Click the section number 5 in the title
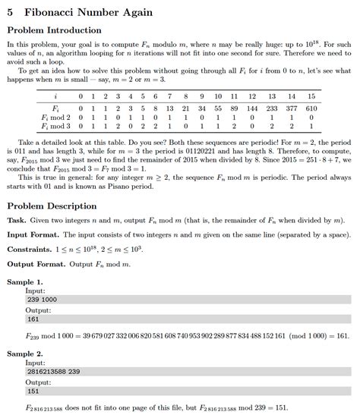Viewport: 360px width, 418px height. pos(10,12)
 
